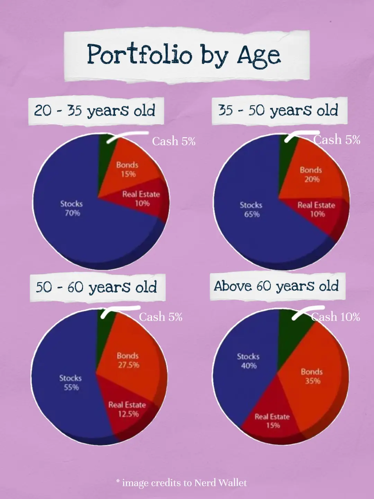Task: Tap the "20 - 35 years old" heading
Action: point(95,111)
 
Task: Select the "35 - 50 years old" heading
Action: point(278,111)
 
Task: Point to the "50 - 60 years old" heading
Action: point(96,287)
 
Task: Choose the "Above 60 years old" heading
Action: point(276,286)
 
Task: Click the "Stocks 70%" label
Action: point(72,208)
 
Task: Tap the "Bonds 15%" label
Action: point(127,169)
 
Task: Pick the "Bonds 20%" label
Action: point(311,175)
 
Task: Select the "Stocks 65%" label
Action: point(251,210)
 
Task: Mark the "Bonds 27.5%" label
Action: point(128,360)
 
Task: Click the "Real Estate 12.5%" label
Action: point(127,409)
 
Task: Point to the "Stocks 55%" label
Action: point(71,383)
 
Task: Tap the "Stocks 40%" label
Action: point(248,361)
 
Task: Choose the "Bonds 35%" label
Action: point(312,376)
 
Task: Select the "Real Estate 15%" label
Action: point(273,421)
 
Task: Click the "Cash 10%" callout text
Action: point(336,317)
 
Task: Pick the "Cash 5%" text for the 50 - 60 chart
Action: point(161,317)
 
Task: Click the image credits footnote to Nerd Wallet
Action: point(182,483)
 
